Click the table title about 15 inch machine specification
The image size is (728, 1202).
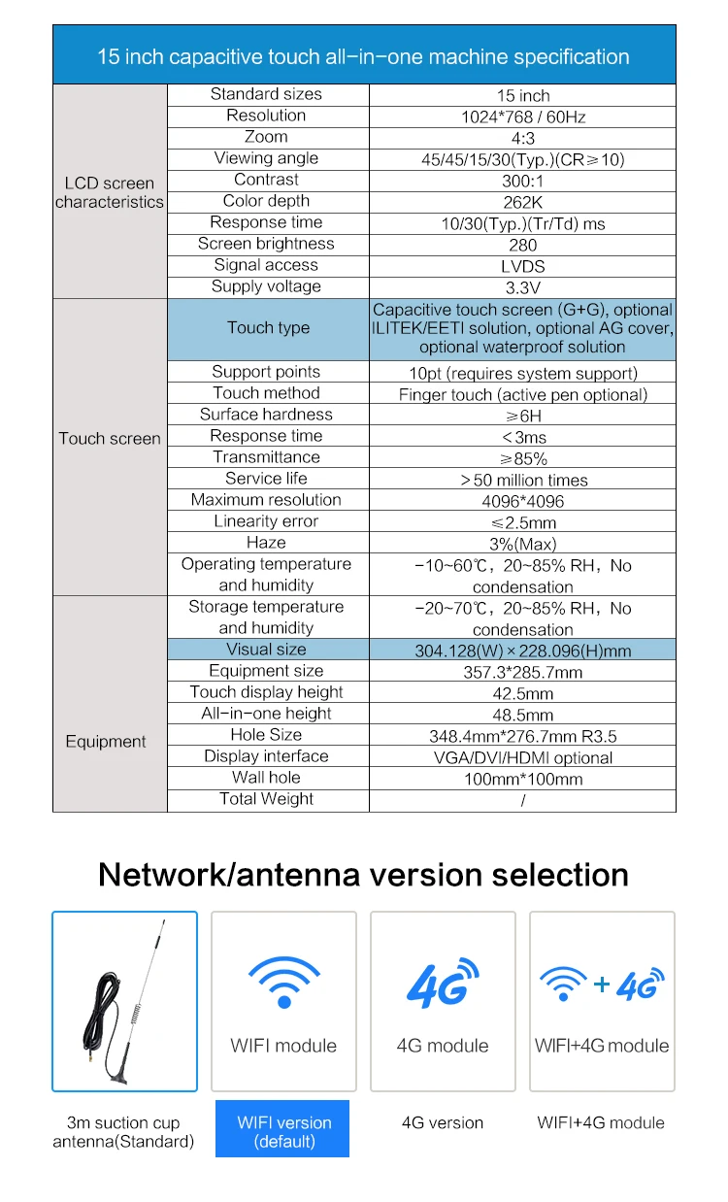tap(363, 56)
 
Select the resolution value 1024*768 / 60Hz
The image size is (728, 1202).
tap(522, 117)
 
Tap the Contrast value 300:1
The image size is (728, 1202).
tap(522, 181)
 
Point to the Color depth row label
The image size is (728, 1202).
tap(266, 201)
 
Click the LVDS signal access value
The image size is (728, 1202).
tap(522, 266)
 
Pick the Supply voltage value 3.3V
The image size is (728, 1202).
tap(522, 287)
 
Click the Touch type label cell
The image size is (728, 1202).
tap(268, 328)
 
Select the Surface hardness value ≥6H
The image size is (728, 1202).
tap(522, 416)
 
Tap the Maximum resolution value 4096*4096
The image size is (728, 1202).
tap(522, 501)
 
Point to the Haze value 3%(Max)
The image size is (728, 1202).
tap(522, 544)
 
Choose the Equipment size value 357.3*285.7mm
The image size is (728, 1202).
tap(522, 672)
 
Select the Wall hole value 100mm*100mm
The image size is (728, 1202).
tap(522, 779)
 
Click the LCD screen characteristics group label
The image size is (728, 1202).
tap(110, 192)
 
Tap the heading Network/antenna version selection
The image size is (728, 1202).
tap(363, 875)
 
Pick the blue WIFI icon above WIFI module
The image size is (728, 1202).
tap(283, 981)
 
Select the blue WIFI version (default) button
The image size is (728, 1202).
tap(283, 1131)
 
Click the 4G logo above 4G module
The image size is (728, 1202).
tap(442, 983)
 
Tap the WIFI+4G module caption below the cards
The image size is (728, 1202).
tap(601, 1122)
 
